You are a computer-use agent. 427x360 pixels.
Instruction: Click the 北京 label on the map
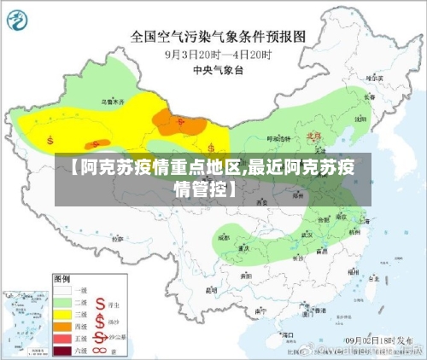[313, 135]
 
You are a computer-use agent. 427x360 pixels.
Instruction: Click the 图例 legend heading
[62, 278]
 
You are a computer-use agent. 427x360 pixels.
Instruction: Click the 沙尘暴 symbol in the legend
[100, 337]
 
